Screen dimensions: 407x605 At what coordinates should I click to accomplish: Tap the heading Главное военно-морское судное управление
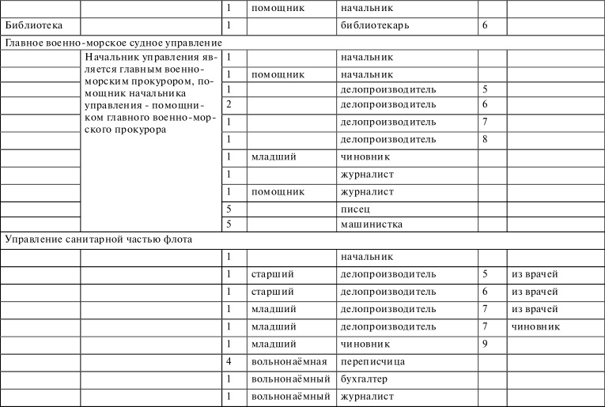click(x=112, y=42)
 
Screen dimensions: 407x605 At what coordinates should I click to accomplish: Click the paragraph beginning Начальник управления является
click(x=149, y=93)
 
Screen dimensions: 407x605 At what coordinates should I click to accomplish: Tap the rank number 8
click(x=484, y=139)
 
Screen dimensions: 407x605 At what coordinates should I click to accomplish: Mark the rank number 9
click(x=484, y=344)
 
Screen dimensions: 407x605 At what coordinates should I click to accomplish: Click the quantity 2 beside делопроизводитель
click(x=229, y=104)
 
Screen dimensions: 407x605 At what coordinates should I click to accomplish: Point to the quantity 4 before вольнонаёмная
click(x=229, y=361)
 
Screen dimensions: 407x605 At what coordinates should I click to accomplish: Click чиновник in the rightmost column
click(x=535, y=326)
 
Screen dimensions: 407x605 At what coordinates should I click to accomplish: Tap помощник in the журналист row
click(x=278, y=191)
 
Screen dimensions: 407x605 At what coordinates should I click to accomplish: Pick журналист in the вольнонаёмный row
click(x=366, y=396)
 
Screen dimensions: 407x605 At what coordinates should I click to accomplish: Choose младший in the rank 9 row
click(x=273, y=344)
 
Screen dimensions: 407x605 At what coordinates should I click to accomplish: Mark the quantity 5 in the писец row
click(x=229, y=209)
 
